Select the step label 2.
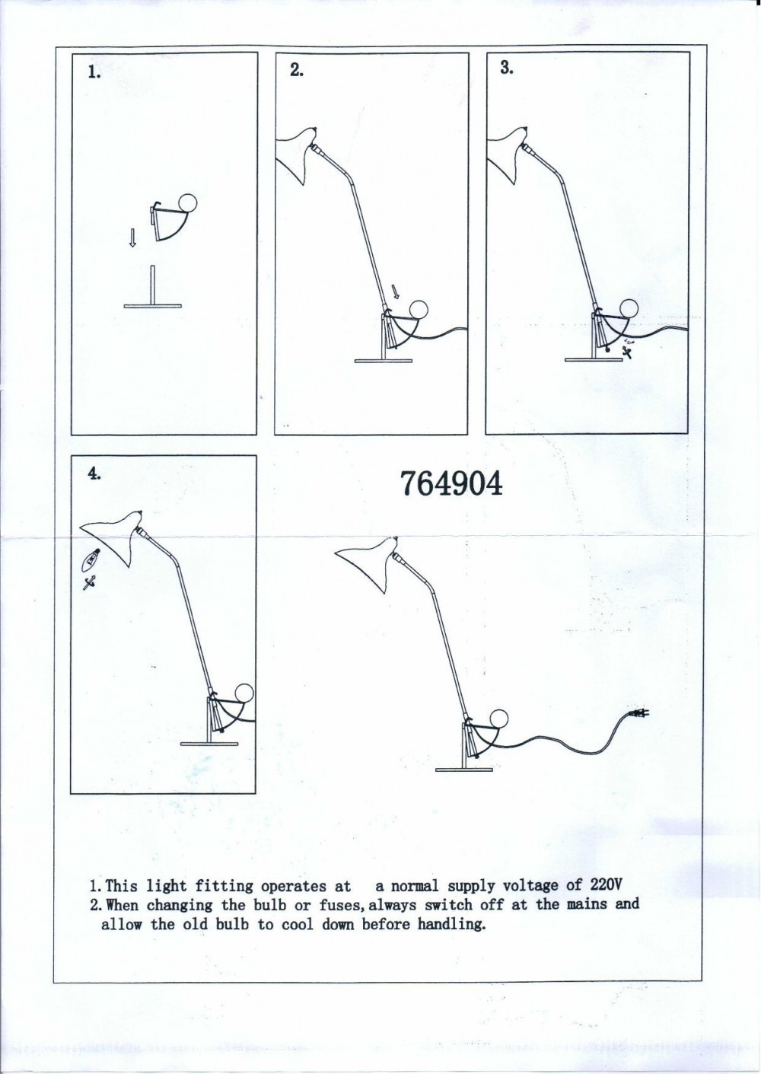(297, 70)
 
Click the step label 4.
(94, 473)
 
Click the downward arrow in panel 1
(132, 237)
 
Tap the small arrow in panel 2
(395, 291)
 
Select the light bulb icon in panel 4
(92, 559)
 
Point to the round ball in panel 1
(187, 202)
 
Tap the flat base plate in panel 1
(153, 306)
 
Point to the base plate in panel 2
(384, 361)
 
